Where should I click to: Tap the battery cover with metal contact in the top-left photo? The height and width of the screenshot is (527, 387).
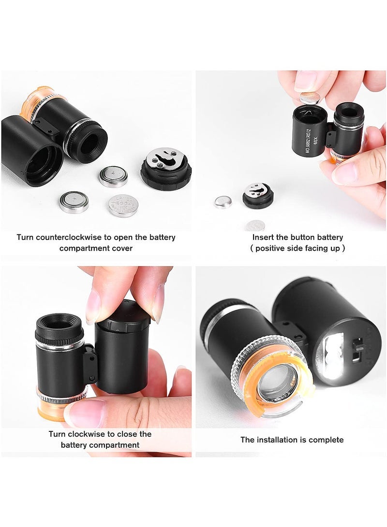coord(166,167)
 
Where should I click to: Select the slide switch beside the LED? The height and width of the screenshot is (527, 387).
coord(357,348)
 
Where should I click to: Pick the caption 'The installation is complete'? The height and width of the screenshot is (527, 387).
coord(292,440)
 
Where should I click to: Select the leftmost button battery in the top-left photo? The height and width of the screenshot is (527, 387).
coord(74,202)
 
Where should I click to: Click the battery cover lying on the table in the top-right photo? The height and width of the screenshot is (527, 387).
coord(257,195)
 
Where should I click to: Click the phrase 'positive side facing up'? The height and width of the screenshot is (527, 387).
coord(298,248)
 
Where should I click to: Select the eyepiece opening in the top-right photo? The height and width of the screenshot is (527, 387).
coord(349,112)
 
